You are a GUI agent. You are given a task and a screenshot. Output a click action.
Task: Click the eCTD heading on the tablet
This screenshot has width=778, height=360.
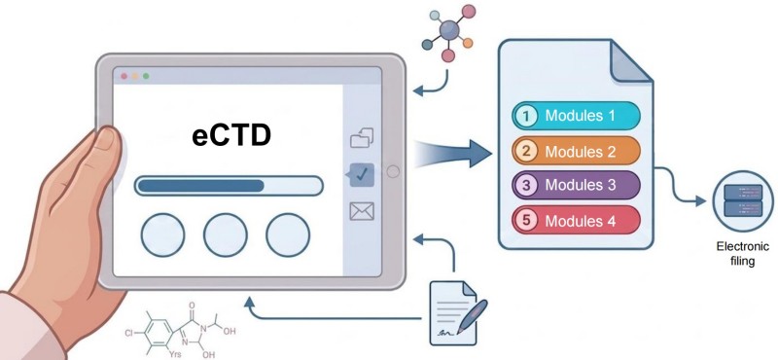(231, 135)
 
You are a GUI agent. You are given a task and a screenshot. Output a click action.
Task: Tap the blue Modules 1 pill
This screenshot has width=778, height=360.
(576, 116)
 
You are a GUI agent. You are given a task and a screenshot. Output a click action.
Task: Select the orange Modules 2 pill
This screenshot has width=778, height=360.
(576, 151)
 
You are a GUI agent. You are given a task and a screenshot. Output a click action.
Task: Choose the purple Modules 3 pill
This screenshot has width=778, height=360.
(576, 185)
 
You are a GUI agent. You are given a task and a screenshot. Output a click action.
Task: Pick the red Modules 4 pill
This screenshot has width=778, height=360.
(576, 220)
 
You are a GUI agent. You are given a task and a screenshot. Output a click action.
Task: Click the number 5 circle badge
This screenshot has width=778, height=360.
(526, 220)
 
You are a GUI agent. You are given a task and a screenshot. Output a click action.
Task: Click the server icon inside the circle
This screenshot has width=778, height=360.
(743, 200)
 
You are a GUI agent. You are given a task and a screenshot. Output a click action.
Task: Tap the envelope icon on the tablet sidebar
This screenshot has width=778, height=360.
(362, 211)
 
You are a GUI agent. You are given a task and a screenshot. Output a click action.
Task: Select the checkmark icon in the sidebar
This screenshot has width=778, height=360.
(361, 174)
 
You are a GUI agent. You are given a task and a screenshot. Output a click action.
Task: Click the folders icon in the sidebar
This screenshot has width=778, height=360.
(362, 137)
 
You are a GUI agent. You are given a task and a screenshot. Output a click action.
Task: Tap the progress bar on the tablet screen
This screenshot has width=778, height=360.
(229, 186)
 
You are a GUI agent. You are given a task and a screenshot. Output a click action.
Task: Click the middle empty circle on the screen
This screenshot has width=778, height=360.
(226, 234)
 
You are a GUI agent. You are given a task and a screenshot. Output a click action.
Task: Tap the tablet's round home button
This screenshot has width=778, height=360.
(393, 171)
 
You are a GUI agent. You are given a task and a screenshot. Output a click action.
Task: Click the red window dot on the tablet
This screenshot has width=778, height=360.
(124, 76)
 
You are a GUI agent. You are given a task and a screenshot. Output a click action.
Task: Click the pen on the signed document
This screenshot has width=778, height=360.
(473, 316)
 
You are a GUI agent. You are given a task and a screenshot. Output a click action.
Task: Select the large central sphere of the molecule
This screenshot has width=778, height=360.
(450, 31)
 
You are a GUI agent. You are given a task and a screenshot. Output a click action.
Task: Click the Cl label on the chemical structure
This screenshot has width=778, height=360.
(129, 333)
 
